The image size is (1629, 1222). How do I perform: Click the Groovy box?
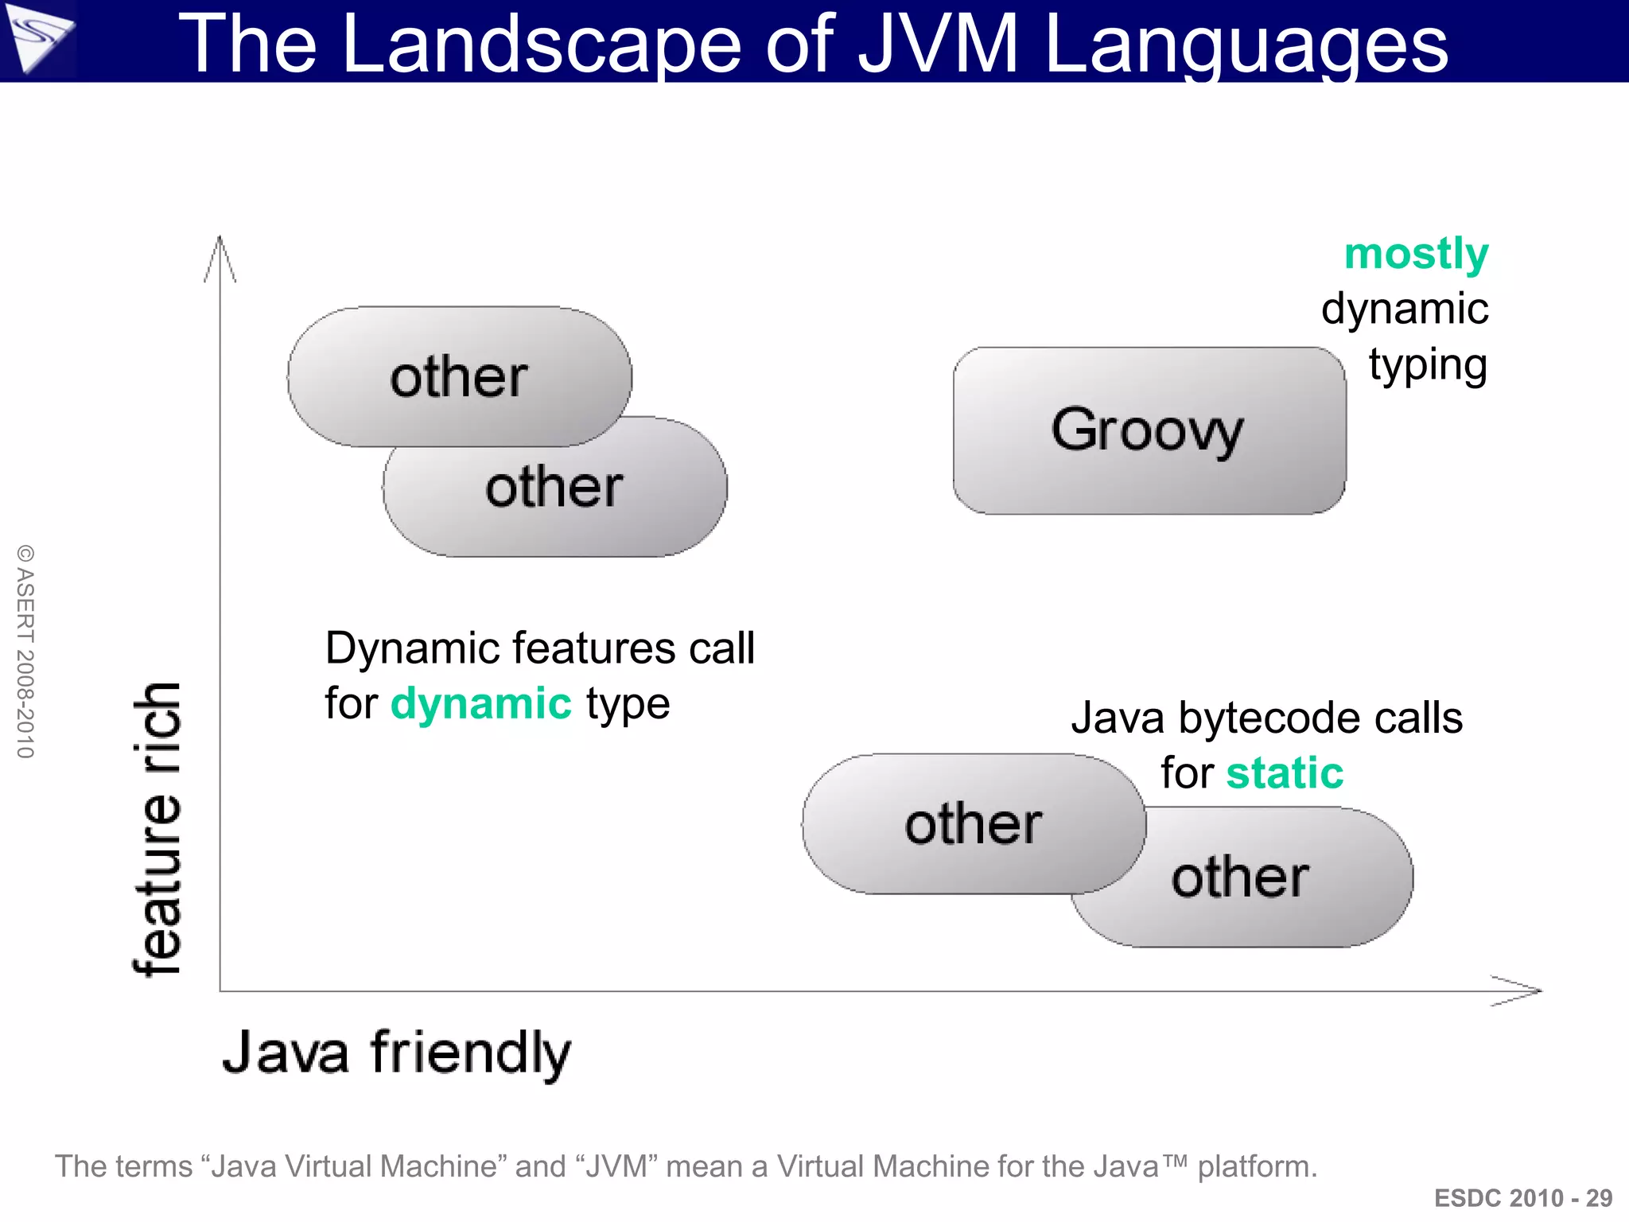point(1149,430)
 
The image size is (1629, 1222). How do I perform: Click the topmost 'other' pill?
point(459,376)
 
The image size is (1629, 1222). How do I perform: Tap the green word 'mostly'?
point(1416,255)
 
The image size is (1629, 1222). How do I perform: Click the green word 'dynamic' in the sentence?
point(480,704)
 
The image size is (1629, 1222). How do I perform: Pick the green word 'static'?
point(1285,773)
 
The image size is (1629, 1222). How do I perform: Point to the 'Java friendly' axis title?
point(396,1053)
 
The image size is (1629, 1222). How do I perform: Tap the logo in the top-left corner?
point(37,38)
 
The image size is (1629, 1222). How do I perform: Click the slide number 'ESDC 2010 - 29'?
point(1522,1198)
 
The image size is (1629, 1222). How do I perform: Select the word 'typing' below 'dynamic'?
point(1428,365)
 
